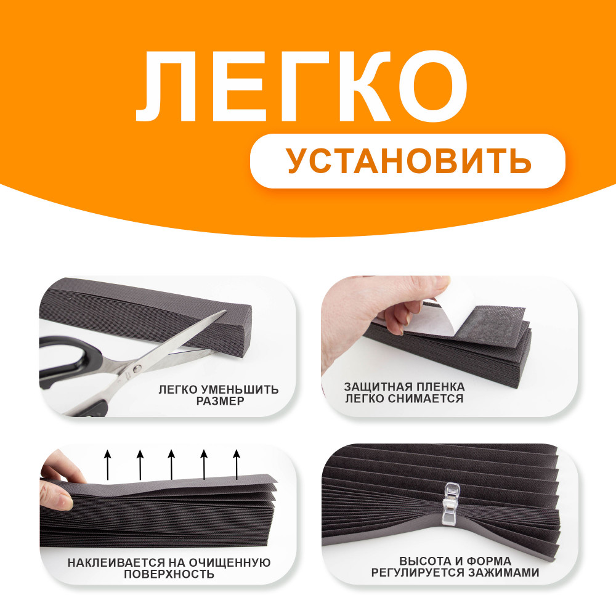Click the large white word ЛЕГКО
point(302,87)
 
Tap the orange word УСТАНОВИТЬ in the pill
point(408,161)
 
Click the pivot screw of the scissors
point(137,368)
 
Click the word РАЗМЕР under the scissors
point(220,401)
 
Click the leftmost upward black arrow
point(108,464)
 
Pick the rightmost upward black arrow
point(237,464)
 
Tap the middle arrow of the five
point(171,464)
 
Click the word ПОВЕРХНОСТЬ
point(169,574)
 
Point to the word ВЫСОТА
point(423,561)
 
